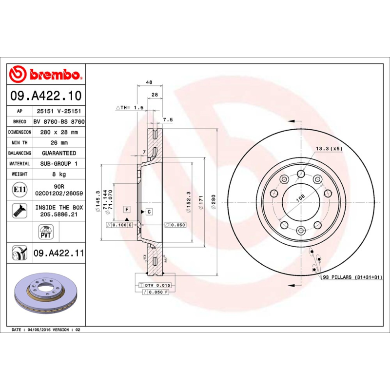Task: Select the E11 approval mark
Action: pyautogui.click(x=20, y=189)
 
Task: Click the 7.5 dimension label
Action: pyautogui.click(x=168, y=119)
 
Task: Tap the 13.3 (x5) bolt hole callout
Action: pyautogui.click(x=329, y=148)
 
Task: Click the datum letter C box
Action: pyautogui.click(x=149, y=212)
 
